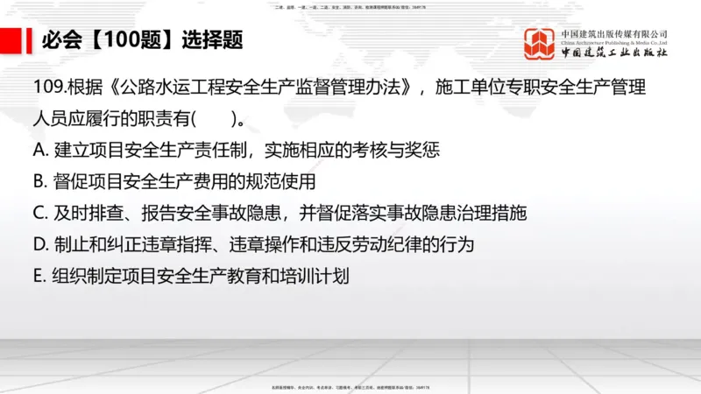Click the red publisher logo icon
pos(540,44)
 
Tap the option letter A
pos(38,151)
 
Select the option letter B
pos(38,182)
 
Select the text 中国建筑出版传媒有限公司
pos(613,32)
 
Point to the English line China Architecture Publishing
pos(613,42)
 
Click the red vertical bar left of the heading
pos(24,40)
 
